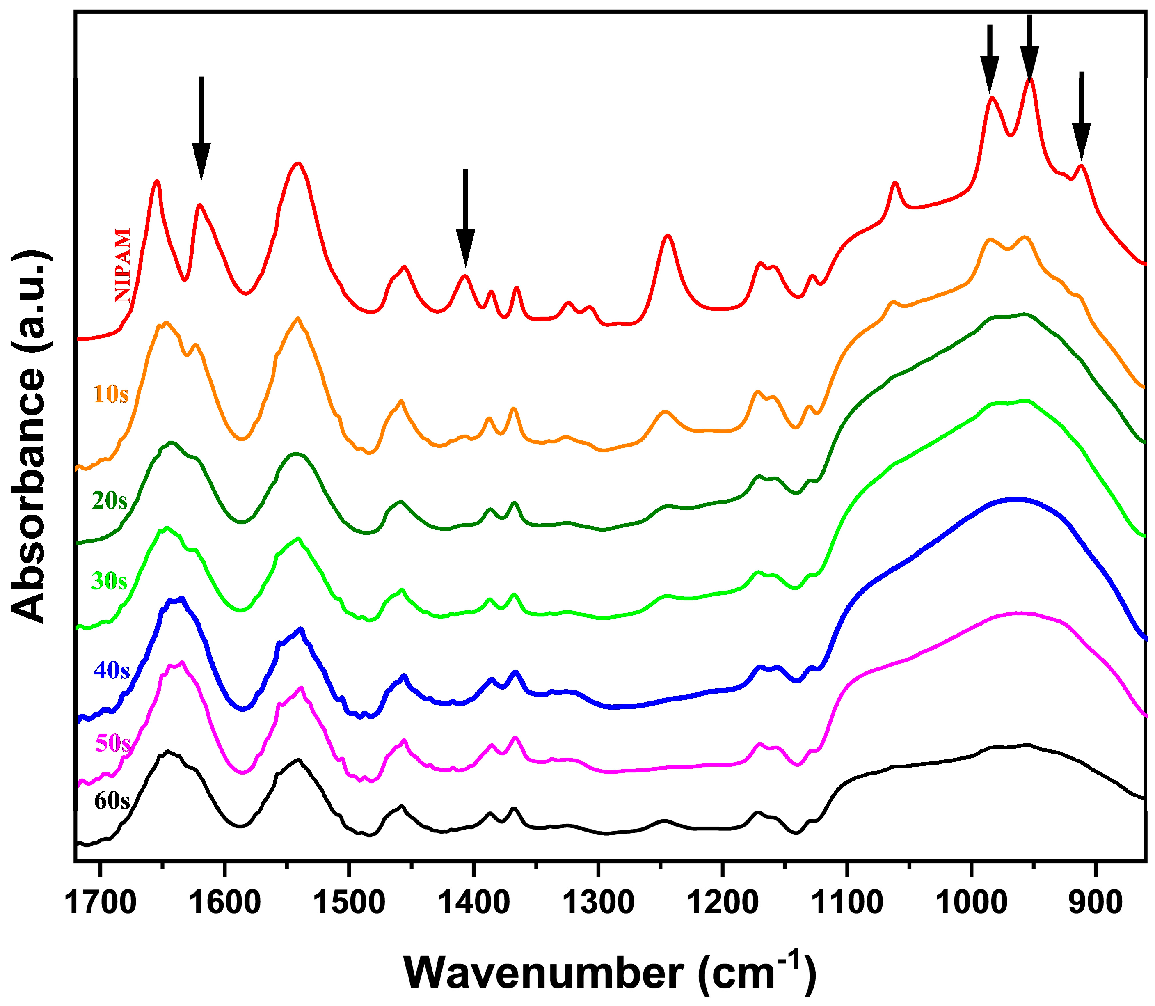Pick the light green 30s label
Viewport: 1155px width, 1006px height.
(110, 581)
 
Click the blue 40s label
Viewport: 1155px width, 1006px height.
(112, 670)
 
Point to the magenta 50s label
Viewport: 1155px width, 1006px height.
(113, 743)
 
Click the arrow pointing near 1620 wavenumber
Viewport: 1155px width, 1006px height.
(201, 129)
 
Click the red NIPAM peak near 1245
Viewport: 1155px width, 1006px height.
(667, 236)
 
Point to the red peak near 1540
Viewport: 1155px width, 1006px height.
(298, 164)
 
